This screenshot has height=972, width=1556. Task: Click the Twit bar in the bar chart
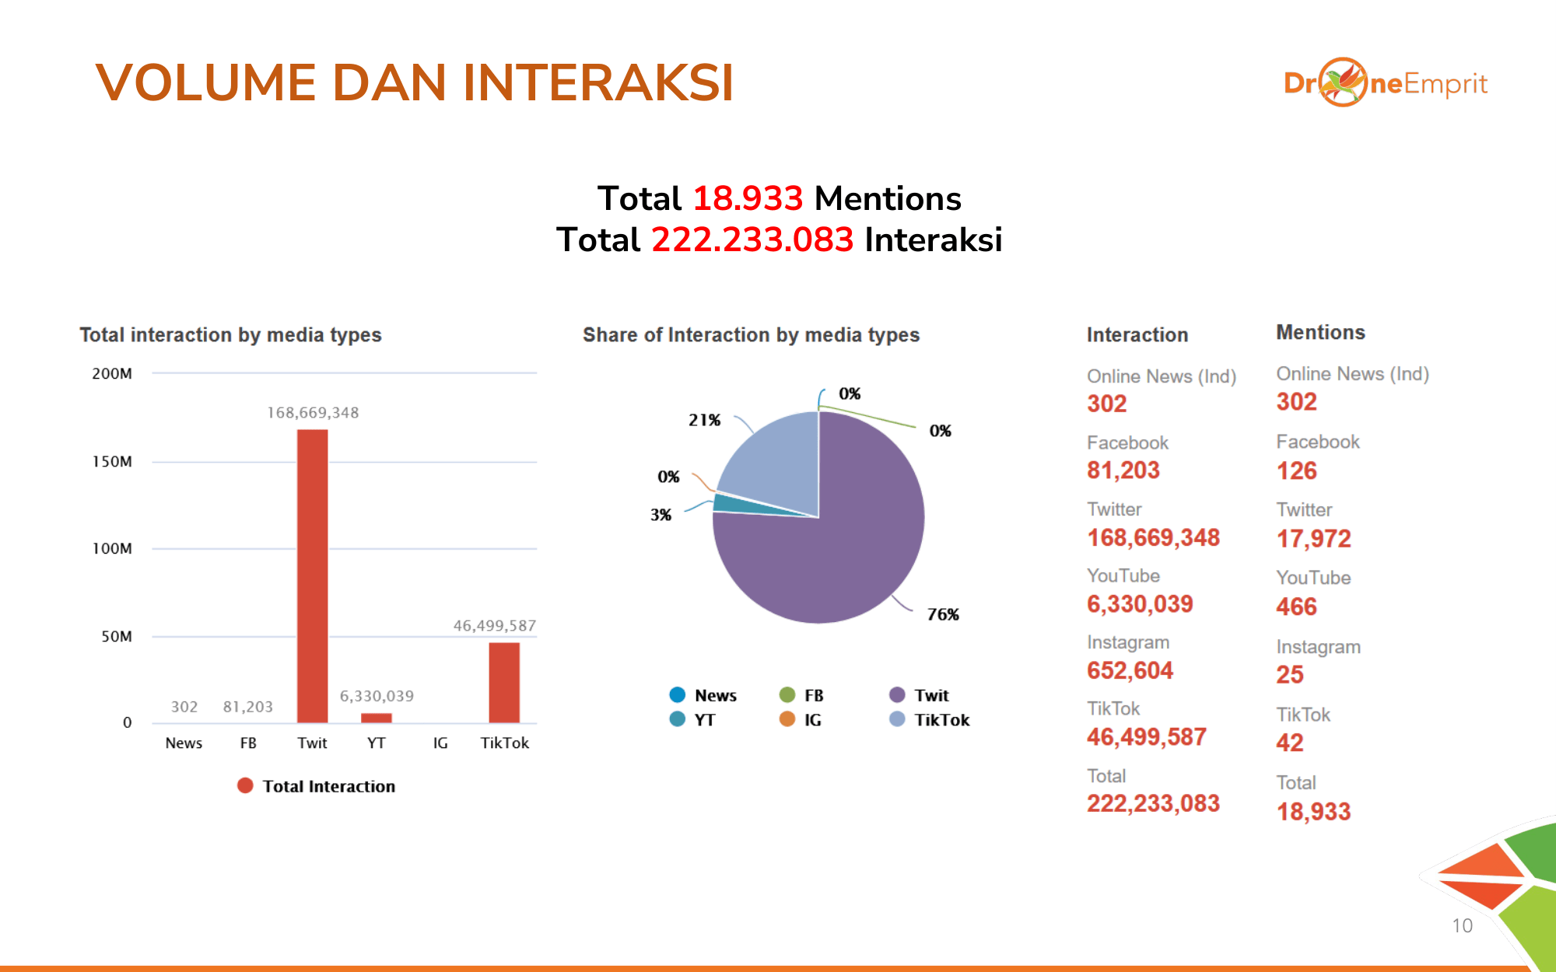[x=312, y=575]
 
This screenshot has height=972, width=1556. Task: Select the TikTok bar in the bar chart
[x=504, y=682]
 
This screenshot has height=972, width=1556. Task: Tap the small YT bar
[x=377, y=718]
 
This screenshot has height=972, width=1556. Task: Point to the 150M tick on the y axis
[x=112, y=461]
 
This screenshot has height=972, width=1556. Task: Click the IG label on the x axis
[x=440, y=743]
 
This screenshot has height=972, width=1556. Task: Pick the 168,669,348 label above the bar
[x=313, y=413]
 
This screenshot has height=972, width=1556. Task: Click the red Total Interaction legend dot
[x=245, y=785]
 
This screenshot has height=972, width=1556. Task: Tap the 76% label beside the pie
[x=943, y=614]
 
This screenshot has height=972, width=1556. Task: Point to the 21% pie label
[x=704, y=420]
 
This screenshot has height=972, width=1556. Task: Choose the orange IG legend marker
[x=787, y=719]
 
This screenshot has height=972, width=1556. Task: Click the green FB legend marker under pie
[x=787, y=694]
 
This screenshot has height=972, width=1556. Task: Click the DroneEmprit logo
[x=1385, y=82]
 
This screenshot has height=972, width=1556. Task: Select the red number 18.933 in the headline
[x=747, y=198]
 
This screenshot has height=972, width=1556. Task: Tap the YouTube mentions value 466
[x=1296, y=607]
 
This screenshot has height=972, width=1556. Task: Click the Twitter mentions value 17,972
[x=1313, y=538]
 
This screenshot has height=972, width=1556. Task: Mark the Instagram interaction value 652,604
[x=1130, y=670]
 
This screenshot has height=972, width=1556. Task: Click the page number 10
[x=1462, y=925]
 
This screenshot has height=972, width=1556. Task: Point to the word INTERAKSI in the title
[x=598, y=82]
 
